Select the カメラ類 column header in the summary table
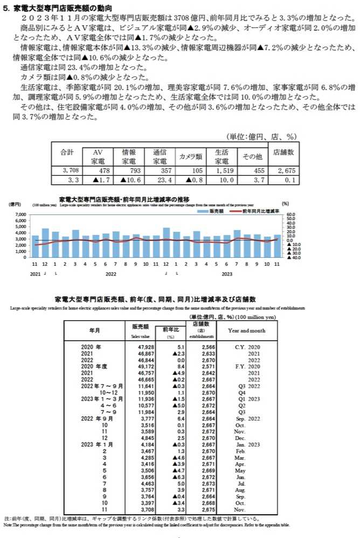pos(191,156)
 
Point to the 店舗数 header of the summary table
pos(283,151)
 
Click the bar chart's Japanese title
pos(123,199)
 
